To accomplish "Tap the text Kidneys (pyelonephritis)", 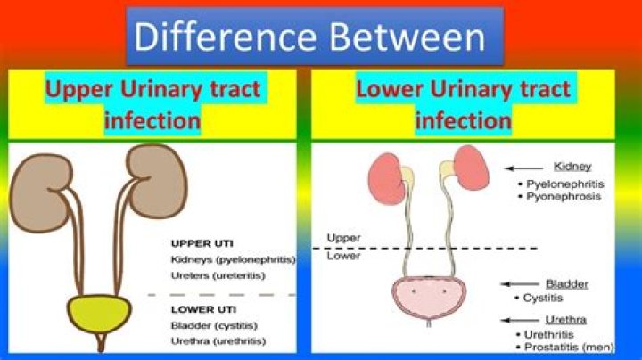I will coord(232,260).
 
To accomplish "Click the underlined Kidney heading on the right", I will coord(572,166).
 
